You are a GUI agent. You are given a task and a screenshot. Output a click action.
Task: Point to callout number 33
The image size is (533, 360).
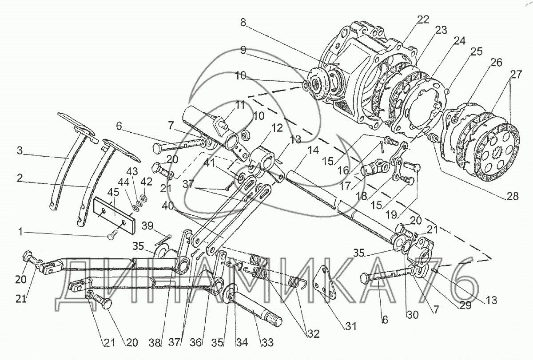pos(267,343)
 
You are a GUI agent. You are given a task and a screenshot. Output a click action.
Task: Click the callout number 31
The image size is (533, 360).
pos(350,326)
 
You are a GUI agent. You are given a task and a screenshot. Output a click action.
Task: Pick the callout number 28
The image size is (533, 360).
pos(512,196)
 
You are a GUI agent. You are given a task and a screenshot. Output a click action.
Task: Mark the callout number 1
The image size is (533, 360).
pos(21,232)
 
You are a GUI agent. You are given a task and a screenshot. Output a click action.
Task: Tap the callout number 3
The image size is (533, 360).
pos(20,150)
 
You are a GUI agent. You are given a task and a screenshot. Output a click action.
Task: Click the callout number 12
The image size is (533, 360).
pos(276,128)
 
